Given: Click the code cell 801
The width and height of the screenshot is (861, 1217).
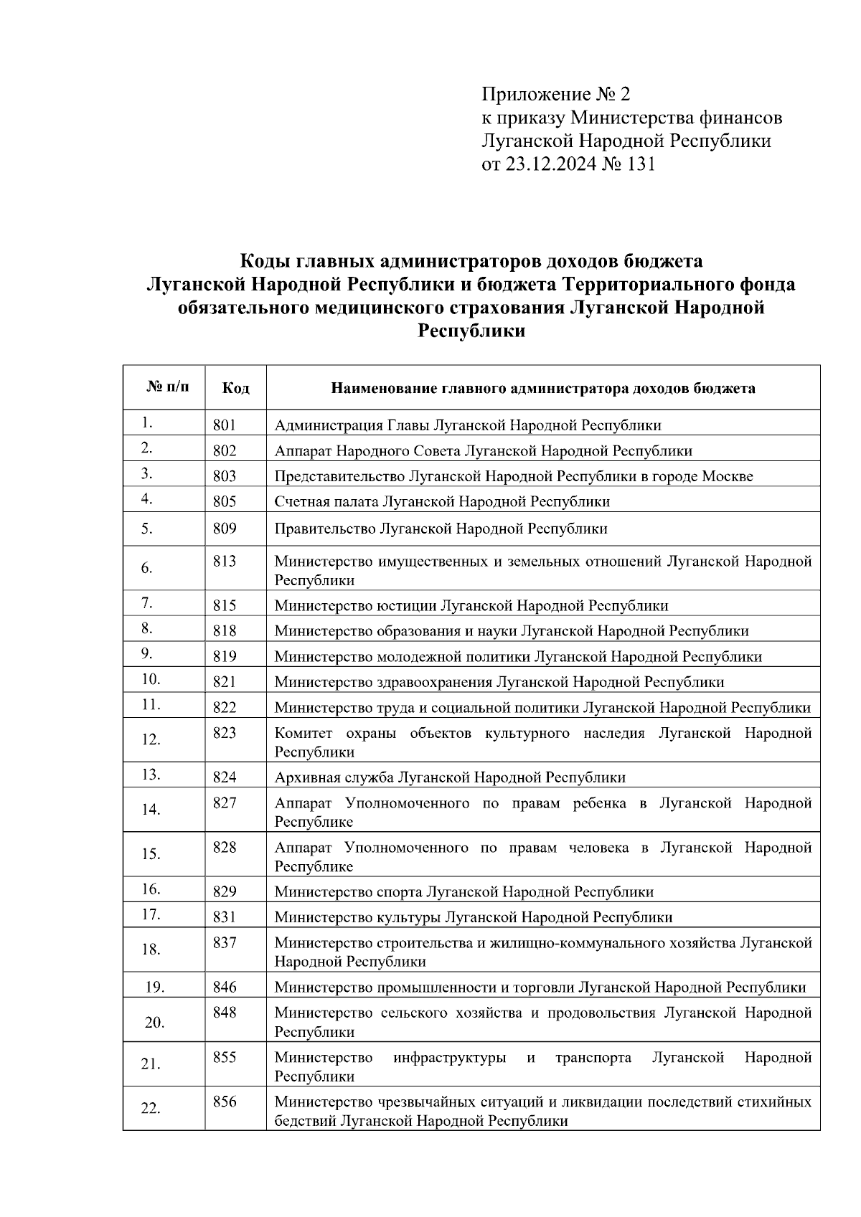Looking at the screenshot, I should pos(225,425).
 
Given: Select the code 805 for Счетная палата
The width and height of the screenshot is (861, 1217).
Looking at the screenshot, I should pos(225,501).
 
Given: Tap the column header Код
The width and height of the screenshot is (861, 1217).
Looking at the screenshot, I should pos(235,389).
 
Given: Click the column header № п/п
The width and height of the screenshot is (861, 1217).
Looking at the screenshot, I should pos(169,387).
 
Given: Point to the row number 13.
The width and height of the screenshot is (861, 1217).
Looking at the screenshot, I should pos(151,775).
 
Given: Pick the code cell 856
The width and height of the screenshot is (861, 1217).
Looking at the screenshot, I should pos(225,1102).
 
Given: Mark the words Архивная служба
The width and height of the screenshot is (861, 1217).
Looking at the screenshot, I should pos(334,777).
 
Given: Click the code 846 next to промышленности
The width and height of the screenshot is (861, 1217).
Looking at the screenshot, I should pos(225,988).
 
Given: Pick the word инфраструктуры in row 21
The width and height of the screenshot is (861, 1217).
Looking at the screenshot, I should pos(449,1058).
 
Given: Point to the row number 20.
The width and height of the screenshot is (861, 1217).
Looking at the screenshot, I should pos(154,1023).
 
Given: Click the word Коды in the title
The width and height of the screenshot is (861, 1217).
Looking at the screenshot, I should pos(263,260).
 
